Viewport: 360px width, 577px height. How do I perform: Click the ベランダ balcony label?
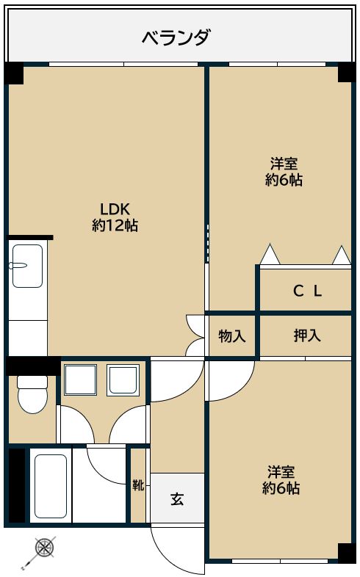[176, 37]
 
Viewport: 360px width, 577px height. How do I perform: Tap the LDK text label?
[115, 209]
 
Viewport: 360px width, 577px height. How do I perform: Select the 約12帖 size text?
[115, 225]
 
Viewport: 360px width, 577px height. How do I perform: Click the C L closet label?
[308, 291]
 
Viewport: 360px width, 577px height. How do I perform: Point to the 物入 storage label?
[232, 336]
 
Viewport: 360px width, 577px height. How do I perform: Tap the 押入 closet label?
[307, 335]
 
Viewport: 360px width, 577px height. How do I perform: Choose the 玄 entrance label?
[177, 498]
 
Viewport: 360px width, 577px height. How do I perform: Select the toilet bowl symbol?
[32, 394]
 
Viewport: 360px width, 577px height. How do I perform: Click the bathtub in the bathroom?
[51, 486]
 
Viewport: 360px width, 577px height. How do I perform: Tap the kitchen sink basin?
[27, 266]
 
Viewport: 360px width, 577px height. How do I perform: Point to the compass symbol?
[46, 547]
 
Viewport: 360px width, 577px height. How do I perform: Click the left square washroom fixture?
[80, 380]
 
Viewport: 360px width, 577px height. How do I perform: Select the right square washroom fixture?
[123, 380]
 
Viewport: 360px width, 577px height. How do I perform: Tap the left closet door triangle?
[270, 254]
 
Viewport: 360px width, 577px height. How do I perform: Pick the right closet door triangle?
[342, 255]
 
